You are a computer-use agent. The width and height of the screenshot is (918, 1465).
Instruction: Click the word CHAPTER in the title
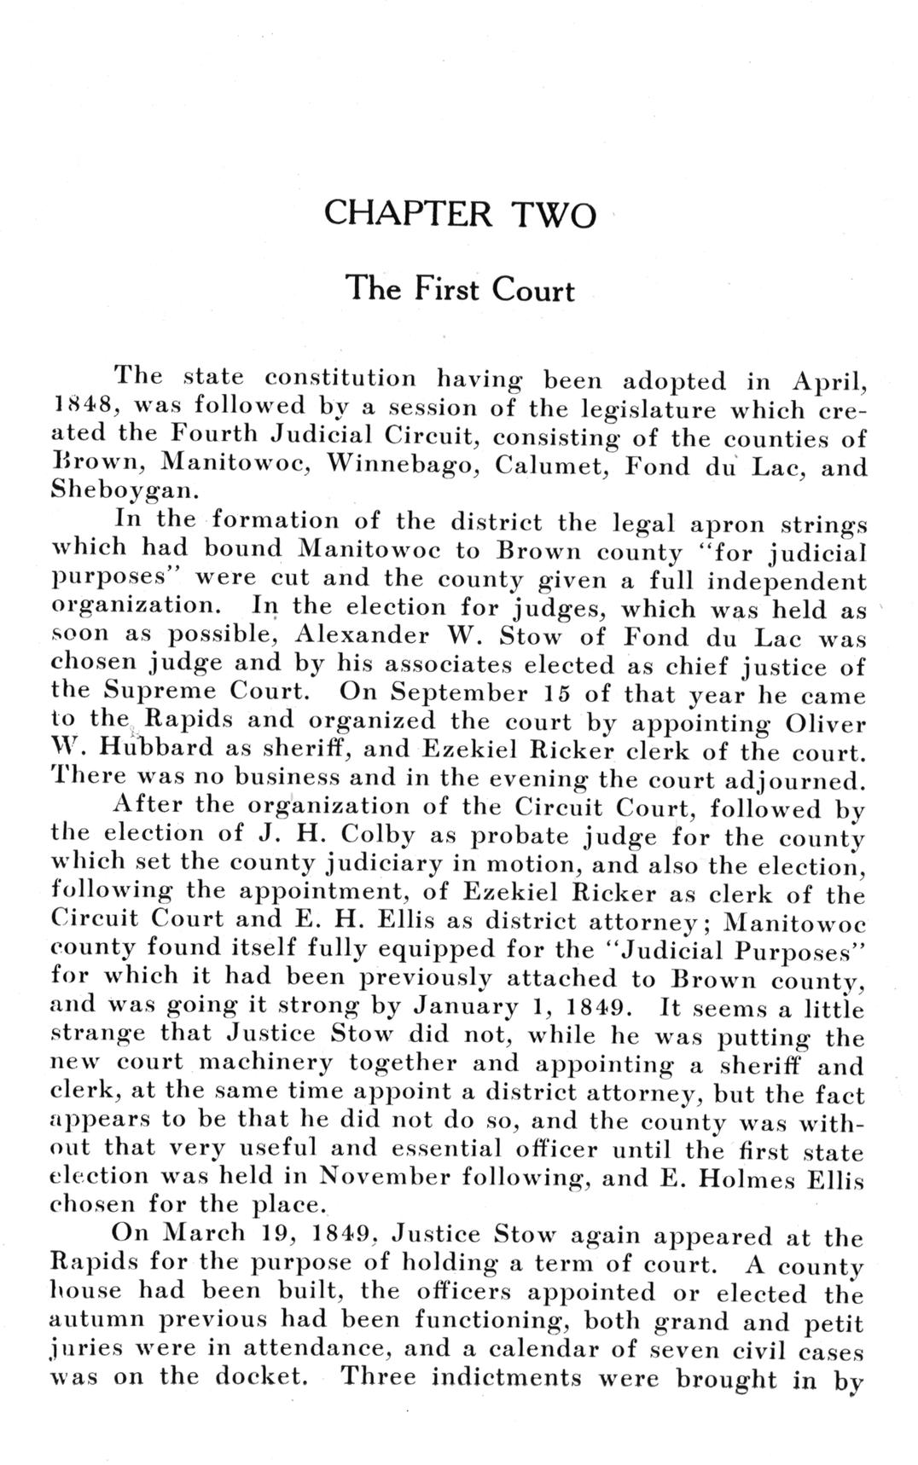409,213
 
